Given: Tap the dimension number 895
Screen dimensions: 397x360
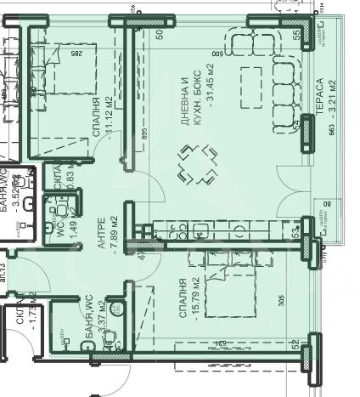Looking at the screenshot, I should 145,130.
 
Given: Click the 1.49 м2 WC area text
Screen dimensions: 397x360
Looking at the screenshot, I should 74,225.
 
